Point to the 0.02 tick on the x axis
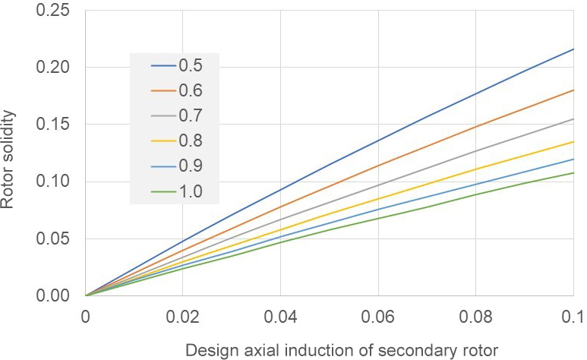183,314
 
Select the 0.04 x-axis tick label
281,314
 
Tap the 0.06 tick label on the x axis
378,314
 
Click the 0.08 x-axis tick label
476,314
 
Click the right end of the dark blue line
573,49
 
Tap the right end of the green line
573,173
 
